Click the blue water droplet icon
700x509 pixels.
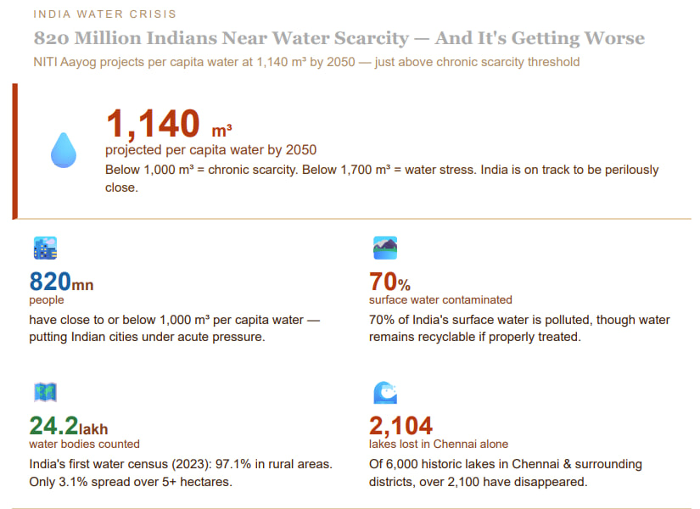coord(64,149)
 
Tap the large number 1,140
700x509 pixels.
coord(153,125)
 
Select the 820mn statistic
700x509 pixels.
coord(61,282)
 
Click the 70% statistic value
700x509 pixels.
coord(389,282)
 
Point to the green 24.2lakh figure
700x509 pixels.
coord(69,426)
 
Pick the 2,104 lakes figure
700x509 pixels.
coord(400,426)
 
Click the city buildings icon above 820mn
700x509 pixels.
coord(45,248)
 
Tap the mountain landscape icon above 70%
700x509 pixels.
coord(385,248)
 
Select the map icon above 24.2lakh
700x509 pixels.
coord(45,392)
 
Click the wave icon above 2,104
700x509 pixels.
coord(385,392)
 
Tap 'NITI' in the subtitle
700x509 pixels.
coord(48,62)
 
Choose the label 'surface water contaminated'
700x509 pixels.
coord(440,299)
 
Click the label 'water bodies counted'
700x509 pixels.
coord(84,444)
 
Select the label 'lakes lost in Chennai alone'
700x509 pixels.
coord(439,444)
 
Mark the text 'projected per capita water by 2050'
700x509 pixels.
coord(210,150)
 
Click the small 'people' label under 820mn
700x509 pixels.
coord(46,299)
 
